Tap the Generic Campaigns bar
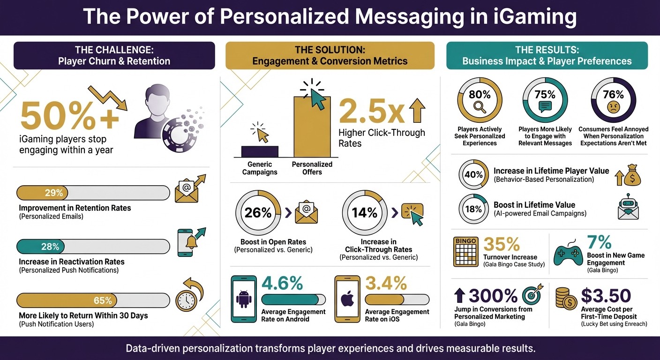260,151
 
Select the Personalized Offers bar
312,127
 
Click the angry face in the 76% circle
613,107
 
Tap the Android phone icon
244,299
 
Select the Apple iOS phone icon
347,299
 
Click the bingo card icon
465,251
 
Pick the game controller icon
568,254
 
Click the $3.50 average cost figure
606,296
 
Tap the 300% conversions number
492,296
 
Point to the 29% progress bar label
54,193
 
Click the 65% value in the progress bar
103,300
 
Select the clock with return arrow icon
189,296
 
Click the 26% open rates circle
258,212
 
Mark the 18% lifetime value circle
473,209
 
